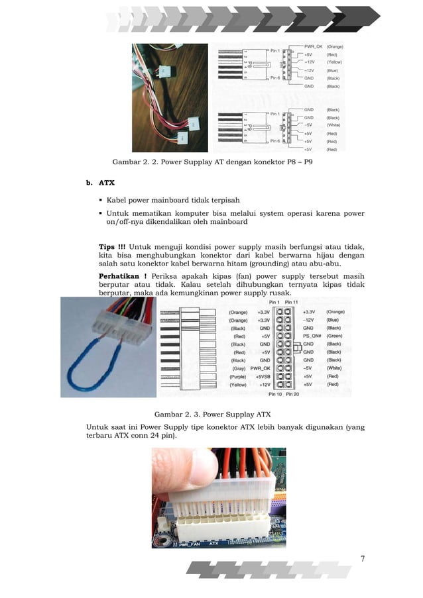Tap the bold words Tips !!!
(112, 248)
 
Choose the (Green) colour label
(334, 336)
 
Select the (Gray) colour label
(239, 368)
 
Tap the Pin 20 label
(293, 395)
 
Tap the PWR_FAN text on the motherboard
(188, 544)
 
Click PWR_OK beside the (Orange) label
(313, 47)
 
